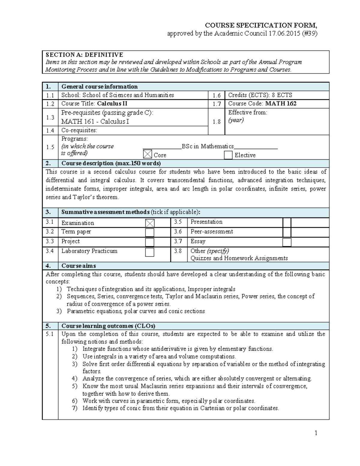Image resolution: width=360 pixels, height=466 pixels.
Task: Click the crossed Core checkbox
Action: [148, 154]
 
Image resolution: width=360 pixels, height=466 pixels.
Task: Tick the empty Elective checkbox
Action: [228, 155]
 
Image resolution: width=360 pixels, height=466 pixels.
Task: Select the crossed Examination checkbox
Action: [150, 223]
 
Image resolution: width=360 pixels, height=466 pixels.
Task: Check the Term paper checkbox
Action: [150, 233]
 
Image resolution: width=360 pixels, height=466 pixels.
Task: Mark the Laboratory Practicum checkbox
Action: [150, 252]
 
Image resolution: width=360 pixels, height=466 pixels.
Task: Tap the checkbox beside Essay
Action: [287, 242]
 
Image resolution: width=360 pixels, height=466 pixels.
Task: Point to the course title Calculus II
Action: [112, 104]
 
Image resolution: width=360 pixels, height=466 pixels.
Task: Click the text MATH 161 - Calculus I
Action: [95, 122]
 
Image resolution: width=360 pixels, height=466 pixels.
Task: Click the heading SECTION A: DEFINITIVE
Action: [84, 55]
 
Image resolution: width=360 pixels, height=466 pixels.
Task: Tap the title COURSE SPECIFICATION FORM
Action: [260, 25]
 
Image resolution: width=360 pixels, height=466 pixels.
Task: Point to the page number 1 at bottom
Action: [316, 433]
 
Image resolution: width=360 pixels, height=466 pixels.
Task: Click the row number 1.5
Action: [50, 147]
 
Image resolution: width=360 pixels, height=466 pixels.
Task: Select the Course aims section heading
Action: [79, 266]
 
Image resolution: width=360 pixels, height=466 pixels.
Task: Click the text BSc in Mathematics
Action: [208, 146]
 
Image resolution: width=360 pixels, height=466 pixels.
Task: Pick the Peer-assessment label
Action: [212, 231]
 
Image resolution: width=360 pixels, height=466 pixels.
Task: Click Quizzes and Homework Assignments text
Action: [239, 258]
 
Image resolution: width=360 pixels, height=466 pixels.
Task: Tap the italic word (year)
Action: [236, 120]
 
